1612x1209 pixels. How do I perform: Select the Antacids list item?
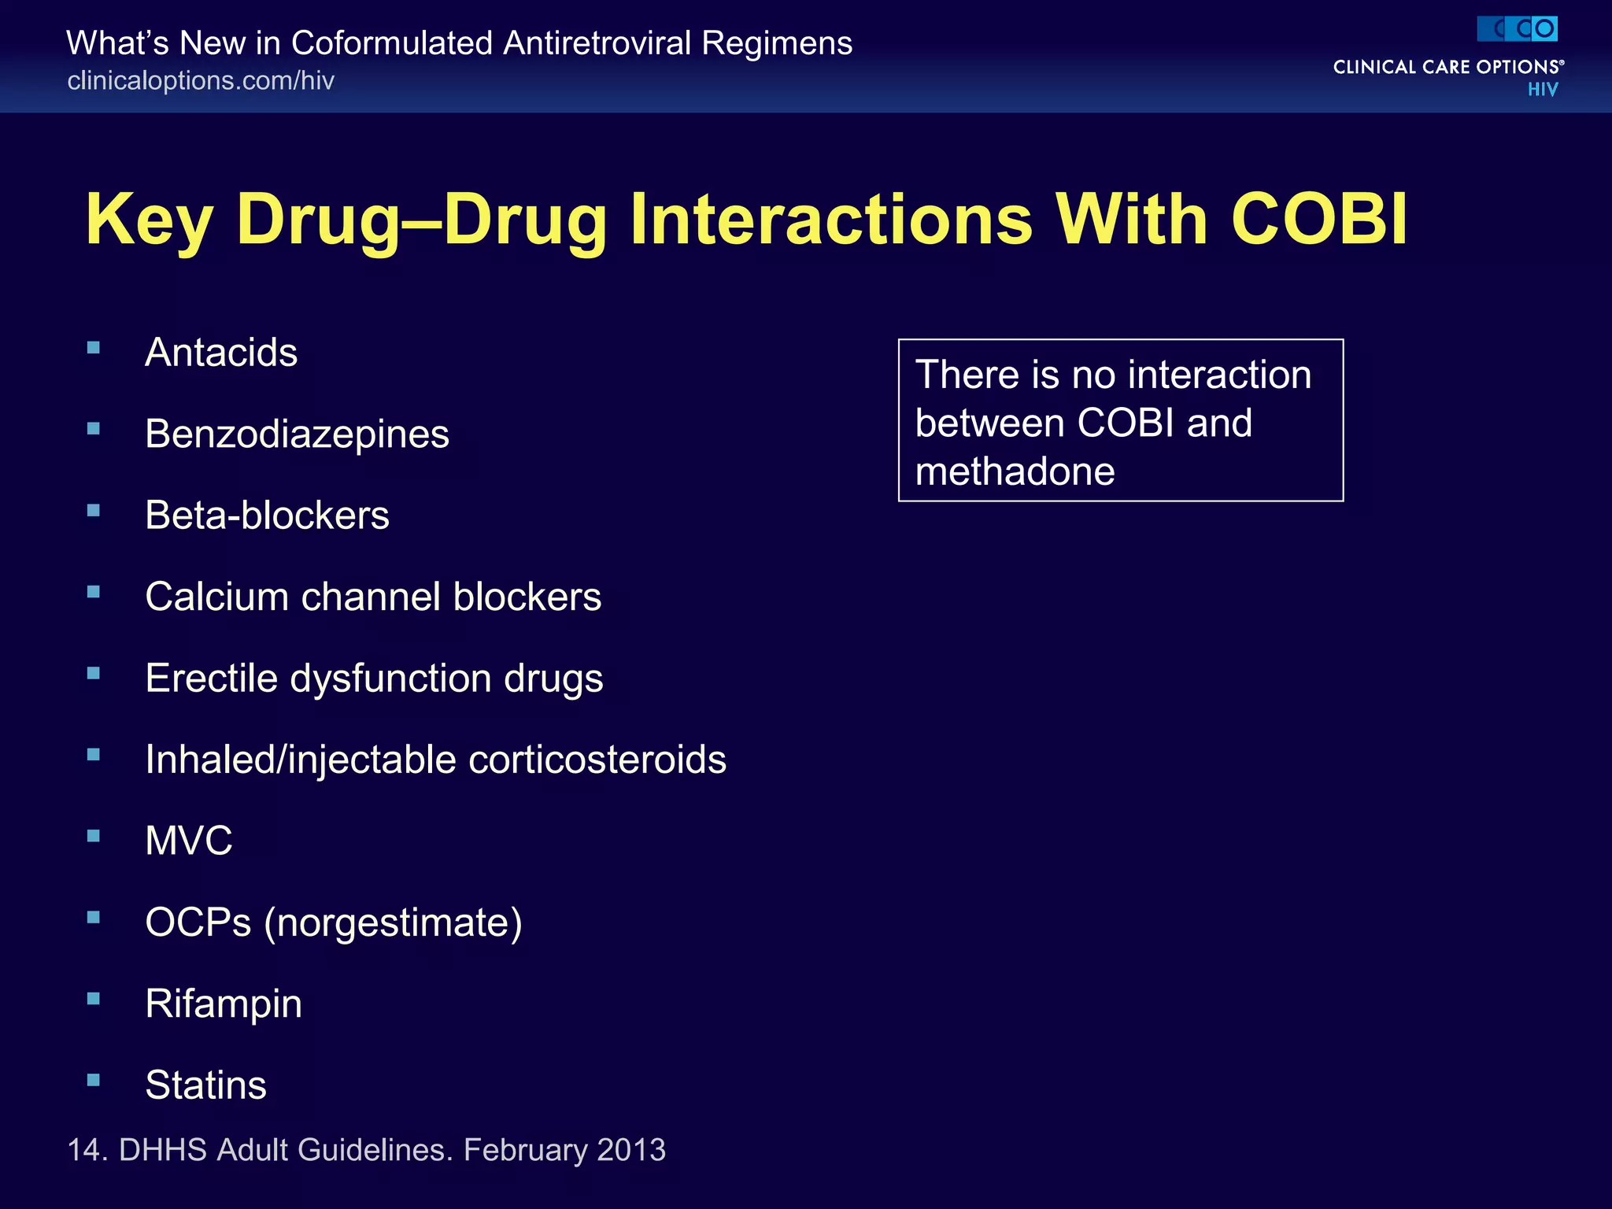[x=221, y=353]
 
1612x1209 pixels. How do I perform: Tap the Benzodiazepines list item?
[x=297, y=434]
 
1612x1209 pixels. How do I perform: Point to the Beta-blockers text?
[x=267, y=516]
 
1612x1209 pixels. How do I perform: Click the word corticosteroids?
[x=597, y=760]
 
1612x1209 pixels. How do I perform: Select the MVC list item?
[x=189, y=841]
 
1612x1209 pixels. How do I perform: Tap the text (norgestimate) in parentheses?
[x=393, y=922]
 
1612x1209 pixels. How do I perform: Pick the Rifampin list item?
[x=224, y=1004]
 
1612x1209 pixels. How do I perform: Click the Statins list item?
[x=205, y=1085]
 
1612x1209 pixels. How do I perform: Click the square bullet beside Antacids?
[x=94, y=347]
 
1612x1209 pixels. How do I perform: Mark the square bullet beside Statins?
[x=94, y=1080]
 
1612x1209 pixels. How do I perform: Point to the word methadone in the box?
[x=1015, y=471]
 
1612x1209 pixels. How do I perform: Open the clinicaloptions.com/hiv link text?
[x=201, y=81]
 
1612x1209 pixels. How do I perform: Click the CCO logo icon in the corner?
[x=1517, y=29]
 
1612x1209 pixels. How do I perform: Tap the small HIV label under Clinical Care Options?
[x=1542, y=90]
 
